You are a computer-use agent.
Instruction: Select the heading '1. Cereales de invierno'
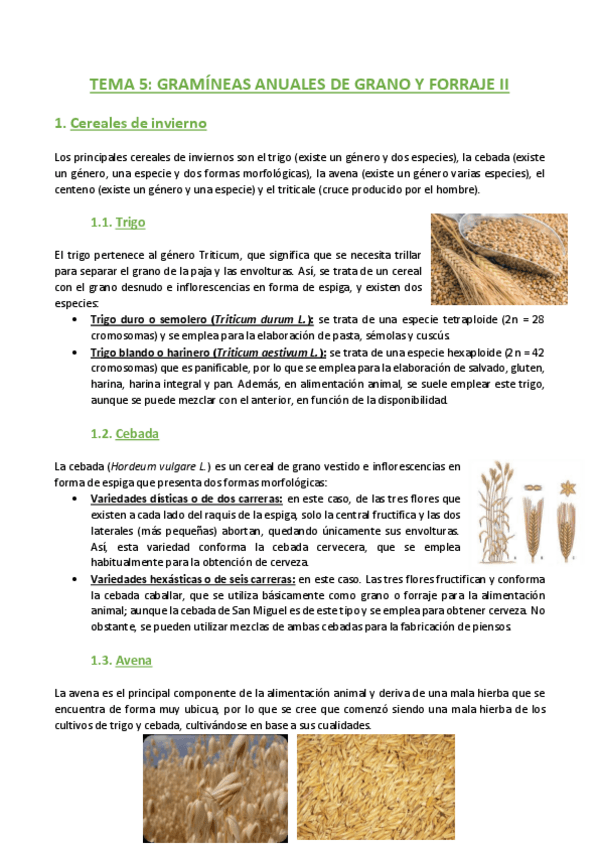[x=130, y=123]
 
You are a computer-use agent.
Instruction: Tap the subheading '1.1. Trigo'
[x=118, y=221]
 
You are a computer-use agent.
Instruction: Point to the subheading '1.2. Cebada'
[x=124, y=434]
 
